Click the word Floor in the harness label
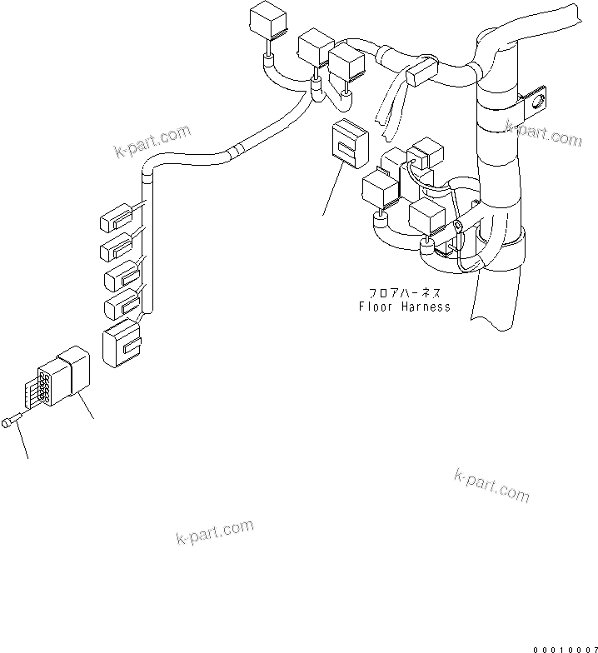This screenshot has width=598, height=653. click(x=376, y=307)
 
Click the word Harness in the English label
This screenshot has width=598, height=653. click(x=424, y=307)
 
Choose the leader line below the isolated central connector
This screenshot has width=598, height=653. click(x=331, y=189)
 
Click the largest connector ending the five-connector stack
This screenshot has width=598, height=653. click(x=122, y=343)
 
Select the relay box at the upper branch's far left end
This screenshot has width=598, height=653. click(x=267, y=22)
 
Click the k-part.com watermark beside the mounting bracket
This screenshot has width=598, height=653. click(x=542, y=132)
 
